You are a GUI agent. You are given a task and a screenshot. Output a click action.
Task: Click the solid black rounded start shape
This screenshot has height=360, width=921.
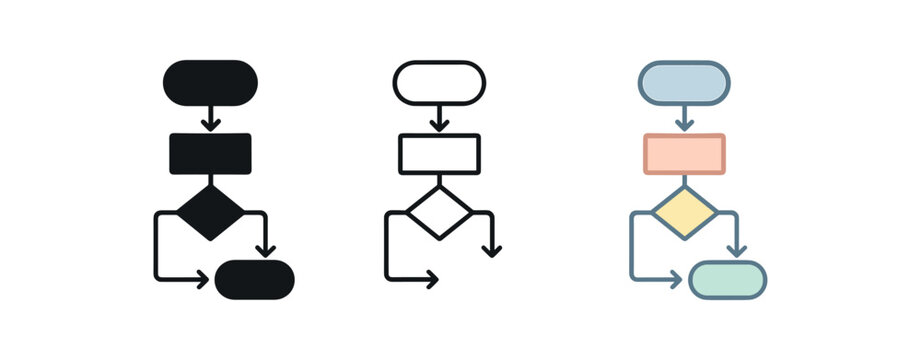tap(210, 82)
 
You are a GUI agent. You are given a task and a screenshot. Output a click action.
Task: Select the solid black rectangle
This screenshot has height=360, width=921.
tap(210, 153)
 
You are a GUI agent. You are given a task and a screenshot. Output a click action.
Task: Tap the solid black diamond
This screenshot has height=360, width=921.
tap(210, 211)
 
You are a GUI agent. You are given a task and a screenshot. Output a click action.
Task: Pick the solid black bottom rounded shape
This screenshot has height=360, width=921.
tap(255, 279)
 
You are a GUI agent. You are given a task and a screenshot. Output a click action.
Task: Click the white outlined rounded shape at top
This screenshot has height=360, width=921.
tap(439, 82)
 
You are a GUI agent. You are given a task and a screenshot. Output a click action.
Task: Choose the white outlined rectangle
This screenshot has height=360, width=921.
tap(439, 153)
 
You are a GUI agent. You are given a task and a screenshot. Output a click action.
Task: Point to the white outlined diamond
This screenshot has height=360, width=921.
tap(439, 211)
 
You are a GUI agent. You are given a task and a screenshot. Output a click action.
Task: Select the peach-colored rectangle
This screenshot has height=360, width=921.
tap(684, 153)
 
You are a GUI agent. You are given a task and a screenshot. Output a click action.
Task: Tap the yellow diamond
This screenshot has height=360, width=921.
tap(684, 212)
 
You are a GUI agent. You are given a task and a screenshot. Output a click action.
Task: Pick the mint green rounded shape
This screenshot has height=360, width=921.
tap(728, 279)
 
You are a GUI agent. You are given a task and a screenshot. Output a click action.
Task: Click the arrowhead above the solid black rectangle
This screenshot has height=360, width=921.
tap(210, 124)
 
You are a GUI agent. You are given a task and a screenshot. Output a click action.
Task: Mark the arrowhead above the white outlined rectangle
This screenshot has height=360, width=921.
tap(439, 124)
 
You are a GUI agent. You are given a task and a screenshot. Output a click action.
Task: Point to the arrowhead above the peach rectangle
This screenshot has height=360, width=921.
tap(684, 124)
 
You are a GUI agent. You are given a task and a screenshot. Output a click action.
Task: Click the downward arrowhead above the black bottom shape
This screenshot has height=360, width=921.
tap(265, 250)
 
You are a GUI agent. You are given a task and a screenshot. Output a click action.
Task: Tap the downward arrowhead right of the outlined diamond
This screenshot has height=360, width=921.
tap(492, 250)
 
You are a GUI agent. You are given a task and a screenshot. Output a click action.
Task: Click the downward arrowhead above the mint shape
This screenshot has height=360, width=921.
tap(737, 250)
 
